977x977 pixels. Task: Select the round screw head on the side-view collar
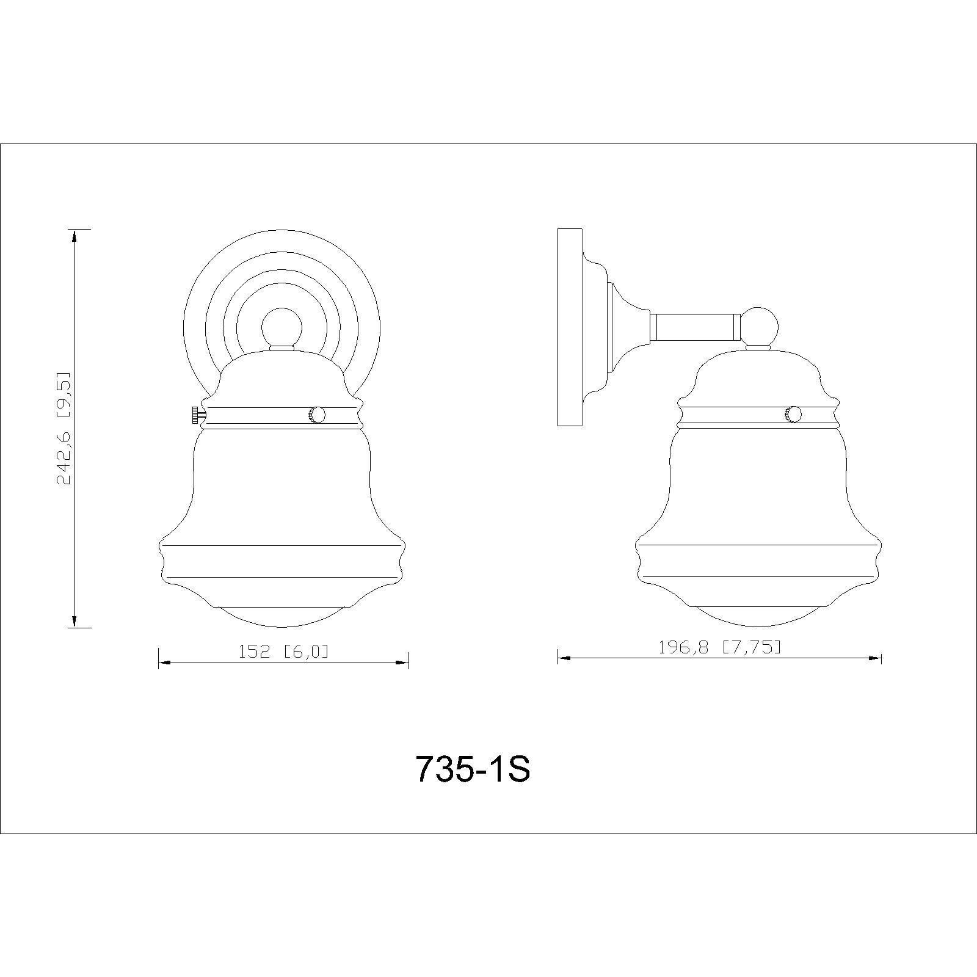793,415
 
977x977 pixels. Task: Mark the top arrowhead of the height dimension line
74,238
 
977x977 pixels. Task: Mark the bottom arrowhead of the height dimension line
74,618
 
